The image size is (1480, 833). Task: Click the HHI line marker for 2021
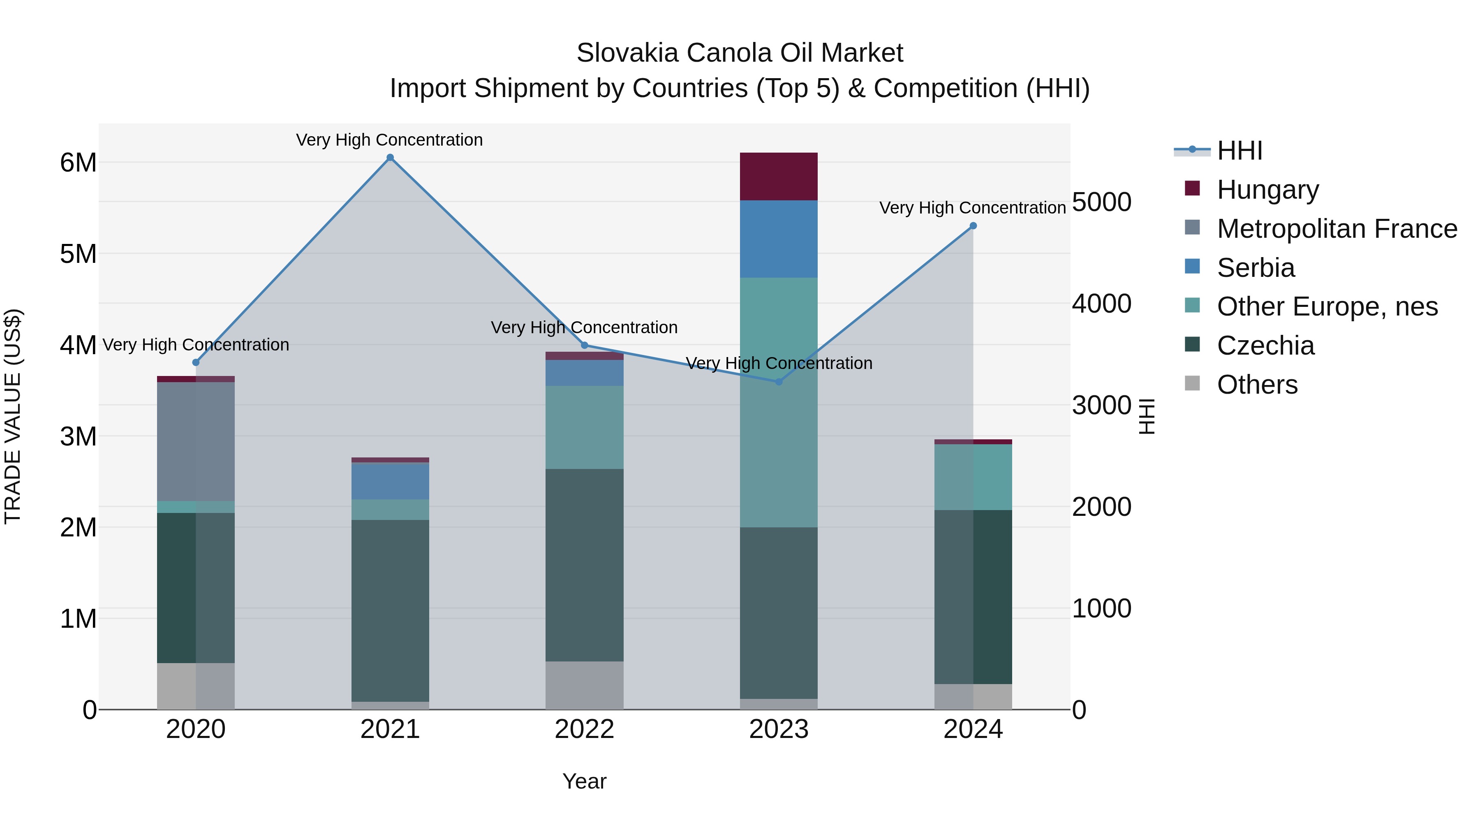(390, 158)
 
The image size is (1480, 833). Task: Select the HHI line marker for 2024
(973, 226)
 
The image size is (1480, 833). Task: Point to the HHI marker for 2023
(779, 382)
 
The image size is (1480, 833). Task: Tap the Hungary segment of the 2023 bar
(779, 176)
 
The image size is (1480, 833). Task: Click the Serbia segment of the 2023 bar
(779, 239)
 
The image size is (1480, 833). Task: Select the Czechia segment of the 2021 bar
(390, 610)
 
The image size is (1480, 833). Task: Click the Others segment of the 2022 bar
(584, 685)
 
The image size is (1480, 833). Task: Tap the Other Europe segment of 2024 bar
(973, 477)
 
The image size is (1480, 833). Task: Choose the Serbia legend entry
(1256, 268)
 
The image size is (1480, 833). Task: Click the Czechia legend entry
(1265, 346)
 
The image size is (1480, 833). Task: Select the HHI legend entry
(1239, 151)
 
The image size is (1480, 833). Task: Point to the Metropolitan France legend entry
(1337, 229)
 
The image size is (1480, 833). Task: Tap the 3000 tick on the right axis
(1101, 406)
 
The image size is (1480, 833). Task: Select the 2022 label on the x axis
(584, 729)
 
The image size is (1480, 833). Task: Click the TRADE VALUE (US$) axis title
(13, 416)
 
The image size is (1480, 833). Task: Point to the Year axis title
(584, 781)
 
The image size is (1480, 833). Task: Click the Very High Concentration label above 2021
(389, 140)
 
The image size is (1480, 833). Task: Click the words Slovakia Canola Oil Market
(740, 53)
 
